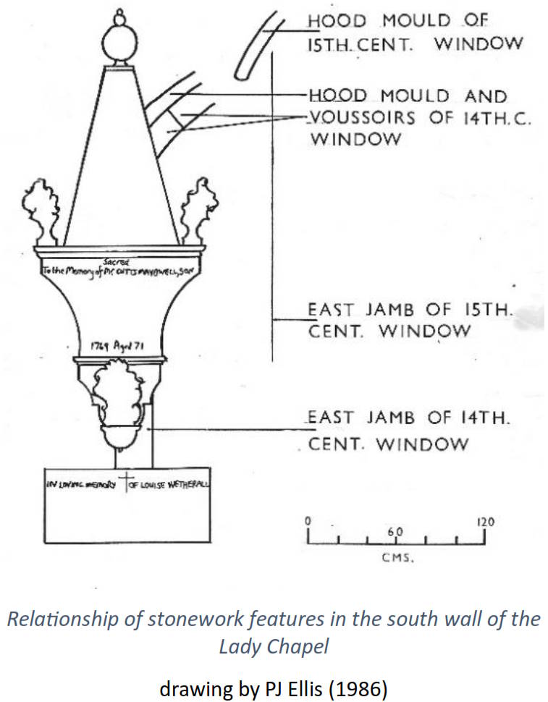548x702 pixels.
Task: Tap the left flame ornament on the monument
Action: (x=40, y=209)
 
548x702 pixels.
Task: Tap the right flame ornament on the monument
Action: (x=197, y=209)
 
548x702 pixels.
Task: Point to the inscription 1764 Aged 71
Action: (x=118, y=347)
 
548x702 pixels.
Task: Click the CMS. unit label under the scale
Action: (x=397, y=558)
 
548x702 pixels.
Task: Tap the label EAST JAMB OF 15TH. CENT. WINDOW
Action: (x=410, y=321)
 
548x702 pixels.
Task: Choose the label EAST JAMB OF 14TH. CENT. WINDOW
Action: (x=410, y=431)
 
